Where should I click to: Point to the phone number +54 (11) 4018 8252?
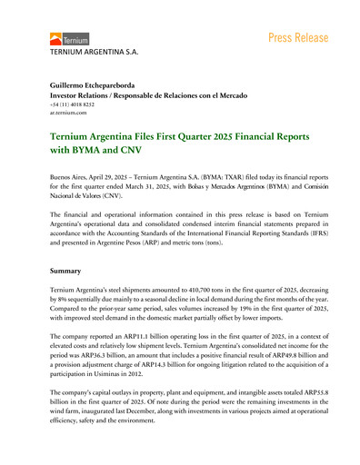tap(76, 105)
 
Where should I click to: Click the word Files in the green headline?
tap(155, 135)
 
